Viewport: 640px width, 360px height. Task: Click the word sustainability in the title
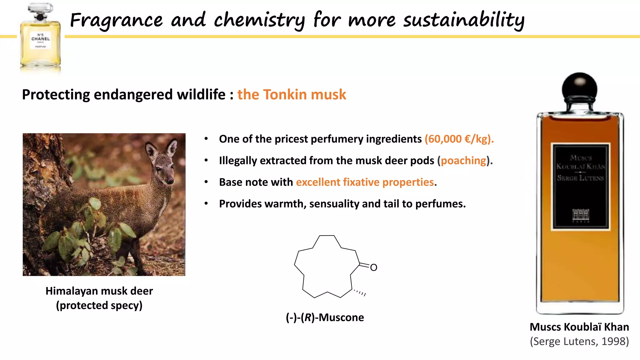click(463, 20)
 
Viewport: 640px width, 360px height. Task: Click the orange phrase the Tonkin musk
click(292, 94)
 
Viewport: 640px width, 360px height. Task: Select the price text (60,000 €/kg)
click(459, 139)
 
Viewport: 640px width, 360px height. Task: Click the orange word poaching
click(463, 161)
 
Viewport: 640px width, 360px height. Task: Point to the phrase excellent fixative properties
click(365, 182)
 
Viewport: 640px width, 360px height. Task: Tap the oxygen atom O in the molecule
click(373, 267)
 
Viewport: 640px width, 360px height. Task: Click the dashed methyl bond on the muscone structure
click(359, 292)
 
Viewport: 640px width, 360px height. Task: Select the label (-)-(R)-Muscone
click(325, 317)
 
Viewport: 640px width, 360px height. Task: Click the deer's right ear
click(172, 147)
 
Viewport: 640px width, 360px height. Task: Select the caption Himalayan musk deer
click(99, 291)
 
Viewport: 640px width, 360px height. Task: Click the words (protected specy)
click(99, 305)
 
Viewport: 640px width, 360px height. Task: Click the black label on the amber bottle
click(580, 187)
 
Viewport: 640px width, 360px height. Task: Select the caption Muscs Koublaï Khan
click(579, 327)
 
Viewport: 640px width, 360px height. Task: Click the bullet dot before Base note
click(206, 182)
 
